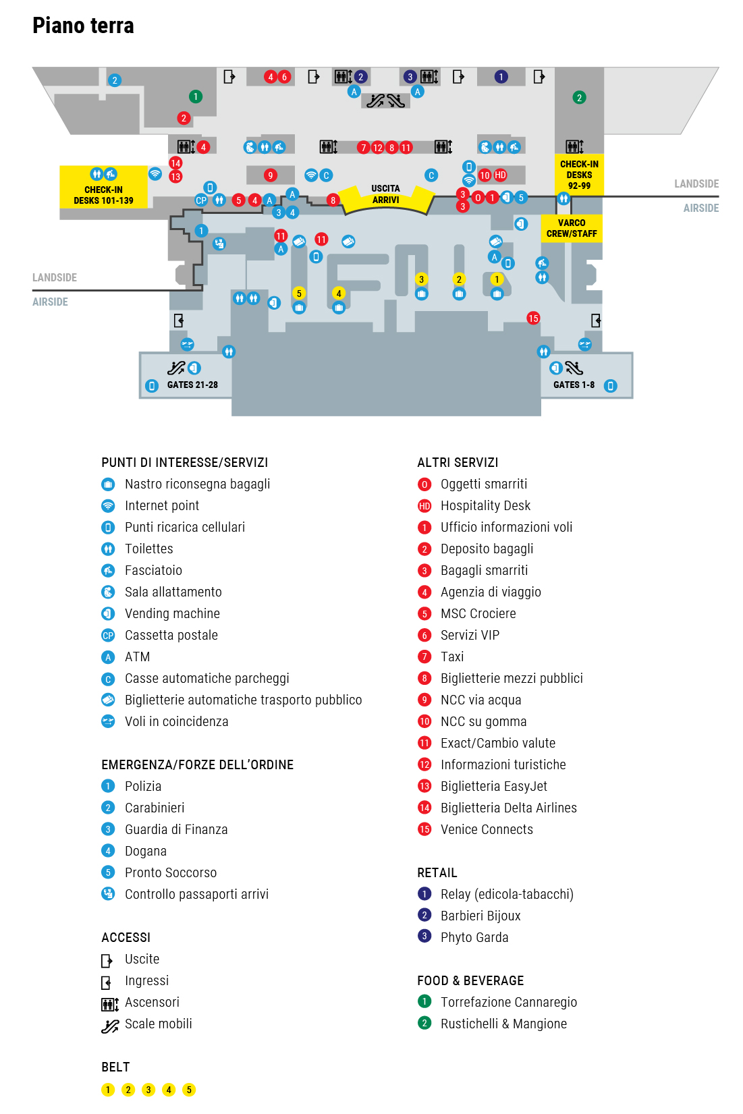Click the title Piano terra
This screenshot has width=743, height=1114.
click(x=83, y=26)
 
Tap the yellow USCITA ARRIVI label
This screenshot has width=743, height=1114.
click(x=385, y=194)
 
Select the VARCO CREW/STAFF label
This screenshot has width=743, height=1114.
click(x=572, y=228)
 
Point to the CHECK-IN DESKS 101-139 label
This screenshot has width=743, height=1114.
click(x=103, y=195)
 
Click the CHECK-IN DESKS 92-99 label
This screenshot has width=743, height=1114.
click(x=579, y=175)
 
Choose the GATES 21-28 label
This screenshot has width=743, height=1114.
click(x=192, y=385)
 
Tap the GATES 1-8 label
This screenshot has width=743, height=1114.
click(x=574, y=385)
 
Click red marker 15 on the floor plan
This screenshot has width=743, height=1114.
click(x=533, y=318)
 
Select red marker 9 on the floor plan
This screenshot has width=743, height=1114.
click(x=271, y=175)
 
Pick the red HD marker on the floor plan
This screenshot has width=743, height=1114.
click(x=500, y=175)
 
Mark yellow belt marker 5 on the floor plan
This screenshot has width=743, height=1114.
click(x=299, y=293)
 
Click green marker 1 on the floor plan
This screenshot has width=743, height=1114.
click(x=196, y=96)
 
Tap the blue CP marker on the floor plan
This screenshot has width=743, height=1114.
click(x=201, y=200)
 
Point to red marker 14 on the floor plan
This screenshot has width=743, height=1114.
click(x=175, y=163)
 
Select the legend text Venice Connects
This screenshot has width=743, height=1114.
click(x=487, y=829)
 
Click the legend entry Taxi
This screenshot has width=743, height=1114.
click(x=452, y=657)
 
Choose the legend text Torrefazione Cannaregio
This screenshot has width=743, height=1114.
click(x=509, y=1002)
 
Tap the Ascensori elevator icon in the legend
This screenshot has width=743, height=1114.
click(x=109, y=1004)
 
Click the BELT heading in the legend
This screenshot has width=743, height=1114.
click(x=115, y=1067)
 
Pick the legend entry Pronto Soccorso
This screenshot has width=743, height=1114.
click(x=171, y=872)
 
